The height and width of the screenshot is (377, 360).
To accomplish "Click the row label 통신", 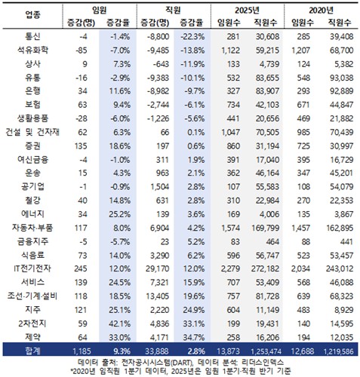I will point(33,36).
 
